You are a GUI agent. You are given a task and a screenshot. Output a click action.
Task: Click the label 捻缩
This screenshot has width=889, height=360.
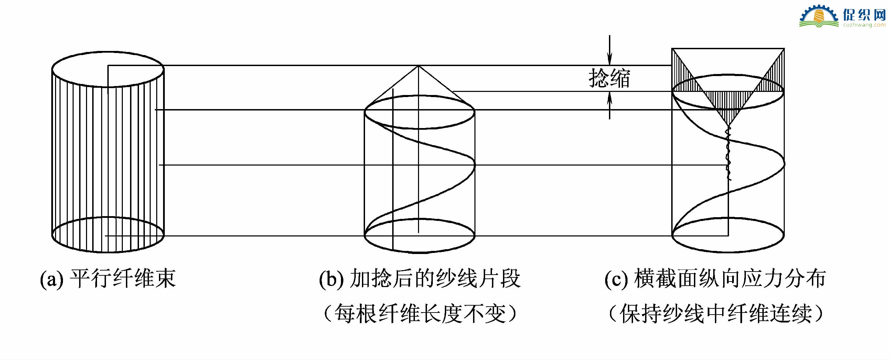(x=609, y=78)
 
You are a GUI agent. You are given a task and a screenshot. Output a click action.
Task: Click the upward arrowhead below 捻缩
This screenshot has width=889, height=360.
(x=610, y=99)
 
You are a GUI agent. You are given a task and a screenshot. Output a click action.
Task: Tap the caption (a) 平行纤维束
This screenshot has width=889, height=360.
(x=108, y=278)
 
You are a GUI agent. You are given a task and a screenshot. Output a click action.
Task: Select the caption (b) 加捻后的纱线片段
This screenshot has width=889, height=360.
(x=420, y=278)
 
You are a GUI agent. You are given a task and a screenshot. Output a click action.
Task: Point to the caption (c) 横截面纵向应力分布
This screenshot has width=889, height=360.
(x=715, y=278)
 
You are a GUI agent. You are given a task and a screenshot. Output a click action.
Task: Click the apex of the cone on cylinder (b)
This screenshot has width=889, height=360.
(x=418, y=66)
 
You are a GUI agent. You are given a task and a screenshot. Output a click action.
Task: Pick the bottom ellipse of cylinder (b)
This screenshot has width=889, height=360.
(x=420, y=253)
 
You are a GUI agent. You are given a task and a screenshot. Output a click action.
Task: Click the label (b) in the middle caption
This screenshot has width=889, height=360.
(x=332, y=278)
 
